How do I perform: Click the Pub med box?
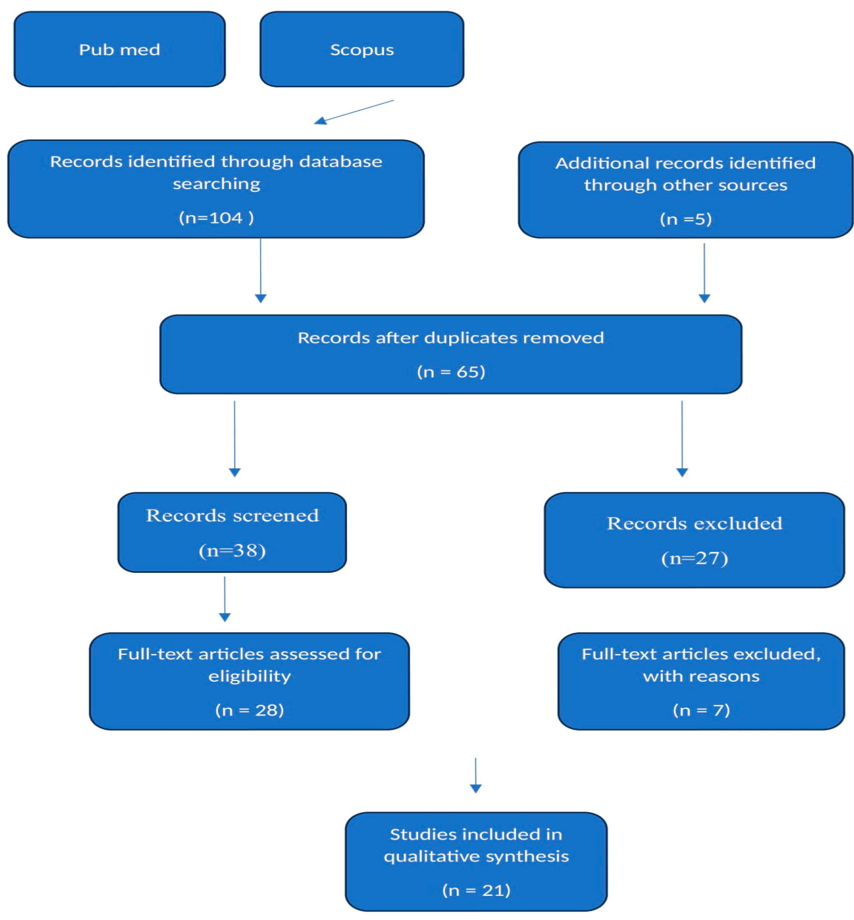[119, 49]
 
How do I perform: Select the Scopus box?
[361, 49]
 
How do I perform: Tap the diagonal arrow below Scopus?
[354, 112]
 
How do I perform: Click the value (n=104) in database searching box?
[216, 218]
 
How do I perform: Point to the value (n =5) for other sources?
[685, 219]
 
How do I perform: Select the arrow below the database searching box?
[261, 271]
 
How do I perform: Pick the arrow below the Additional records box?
[704, 272]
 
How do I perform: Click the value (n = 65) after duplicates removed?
[451, 371]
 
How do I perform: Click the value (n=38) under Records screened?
[232, 550]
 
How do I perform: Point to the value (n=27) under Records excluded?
[694, 558]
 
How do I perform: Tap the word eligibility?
[250, 676]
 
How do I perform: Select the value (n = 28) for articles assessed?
[250, 710]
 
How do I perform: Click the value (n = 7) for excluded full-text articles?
[701, 710]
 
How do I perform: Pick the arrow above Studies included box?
[475, 775]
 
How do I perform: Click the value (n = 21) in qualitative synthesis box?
[476, 890]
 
